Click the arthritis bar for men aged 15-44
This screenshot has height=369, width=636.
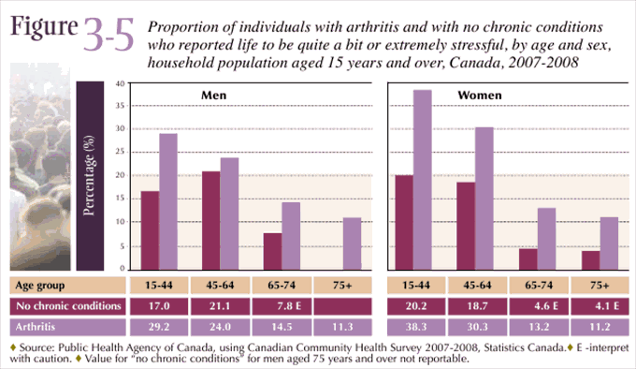(x=168, y=201)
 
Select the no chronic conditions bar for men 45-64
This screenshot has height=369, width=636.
(x=211, y=220)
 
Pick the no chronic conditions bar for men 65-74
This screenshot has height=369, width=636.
(x=272, y=251)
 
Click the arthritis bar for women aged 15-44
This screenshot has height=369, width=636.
(x=422, y=179)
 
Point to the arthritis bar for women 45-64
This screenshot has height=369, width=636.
(x=484, y=198)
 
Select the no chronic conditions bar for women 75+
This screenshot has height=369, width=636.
(x=590, y=259)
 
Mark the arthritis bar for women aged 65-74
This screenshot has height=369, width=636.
(x=547, y=239)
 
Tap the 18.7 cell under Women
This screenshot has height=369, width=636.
(x=483, y=305)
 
